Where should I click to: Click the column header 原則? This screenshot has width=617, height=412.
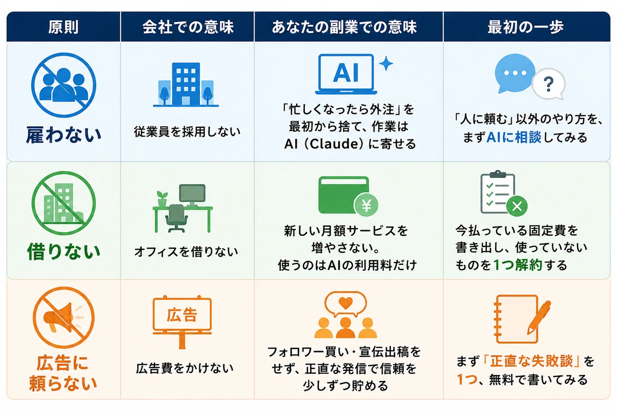63,27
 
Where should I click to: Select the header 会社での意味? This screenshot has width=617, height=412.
188,27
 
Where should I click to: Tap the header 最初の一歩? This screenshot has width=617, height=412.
525,27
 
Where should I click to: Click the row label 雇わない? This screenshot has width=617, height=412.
64,134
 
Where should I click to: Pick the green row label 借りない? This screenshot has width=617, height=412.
64,251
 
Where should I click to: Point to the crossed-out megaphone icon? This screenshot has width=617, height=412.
64,317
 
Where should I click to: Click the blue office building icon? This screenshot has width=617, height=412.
186,84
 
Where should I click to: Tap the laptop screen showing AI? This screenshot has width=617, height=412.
346,72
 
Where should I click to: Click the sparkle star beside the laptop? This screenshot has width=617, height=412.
386,63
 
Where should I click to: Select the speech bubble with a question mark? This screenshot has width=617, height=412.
549,84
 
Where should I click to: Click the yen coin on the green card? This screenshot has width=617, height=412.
366,205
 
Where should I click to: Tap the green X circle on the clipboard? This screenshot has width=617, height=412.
517,206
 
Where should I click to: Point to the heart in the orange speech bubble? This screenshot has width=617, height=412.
346,303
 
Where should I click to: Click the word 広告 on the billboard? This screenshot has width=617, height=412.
182,315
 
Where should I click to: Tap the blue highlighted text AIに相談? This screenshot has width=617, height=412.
514,137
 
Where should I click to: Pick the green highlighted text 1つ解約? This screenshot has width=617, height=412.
518,265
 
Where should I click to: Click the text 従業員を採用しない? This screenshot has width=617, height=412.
187,131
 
